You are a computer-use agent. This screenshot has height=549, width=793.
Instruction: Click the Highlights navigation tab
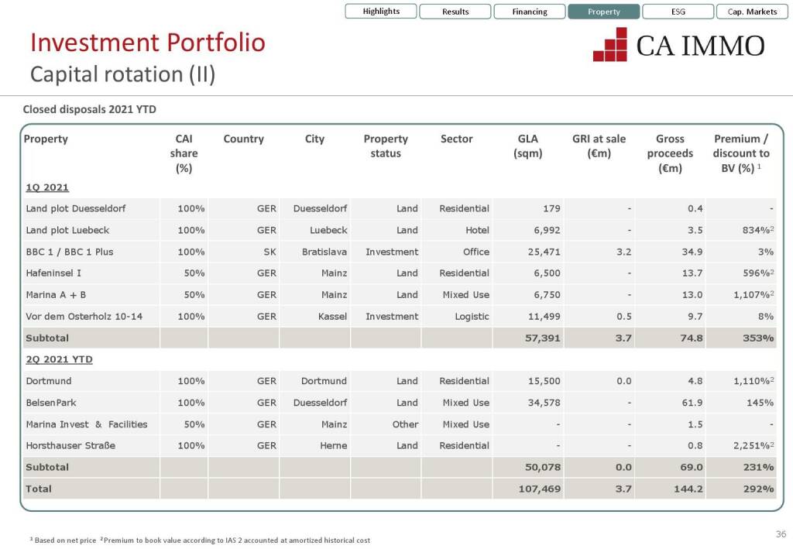click(x=381, y=12)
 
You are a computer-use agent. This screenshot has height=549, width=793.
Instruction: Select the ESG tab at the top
click(x=677, y=12)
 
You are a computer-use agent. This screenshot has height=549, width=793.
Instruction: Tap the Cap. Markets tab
click(x=752, y=12)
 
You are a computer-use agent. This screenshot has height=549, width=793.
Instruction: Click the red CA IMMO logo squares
click(x=610, y=44)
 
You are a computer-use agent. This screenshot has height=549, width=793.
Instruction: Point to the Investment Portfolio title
click(x=147, y=42)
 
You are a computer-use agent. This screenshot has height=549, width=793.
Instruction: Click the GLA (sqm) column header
click(x=528, y=146)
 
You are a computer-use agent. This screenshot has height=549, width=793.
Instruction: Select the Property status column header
click(x=386, y=146)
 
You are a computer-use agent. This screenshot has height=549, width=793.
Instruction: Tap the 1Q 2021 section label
click(x=47, y=187)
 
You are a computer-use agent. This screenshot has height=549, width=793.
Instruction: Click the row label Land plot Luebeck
click(x=67, y=230)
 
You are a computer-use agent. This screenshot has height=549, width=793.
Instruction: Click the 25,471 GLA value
click(x=542, y=252)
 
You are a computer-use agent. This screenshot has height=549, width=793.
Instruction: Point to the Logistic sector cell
click(x=472, y=316)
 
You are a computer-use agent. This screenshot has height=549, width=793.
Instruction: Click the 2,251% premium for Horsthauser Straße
click(x=750, y=445)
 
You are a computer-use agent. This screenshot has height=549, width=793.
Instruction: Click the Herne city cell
click(x=334, y=445)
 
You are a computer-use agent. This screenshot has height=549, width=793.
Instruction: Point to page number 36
click(x=781, y=534)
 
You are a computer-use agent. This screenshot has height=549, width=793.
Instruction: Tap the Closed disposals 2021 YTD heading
click(x=90, y=109)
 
